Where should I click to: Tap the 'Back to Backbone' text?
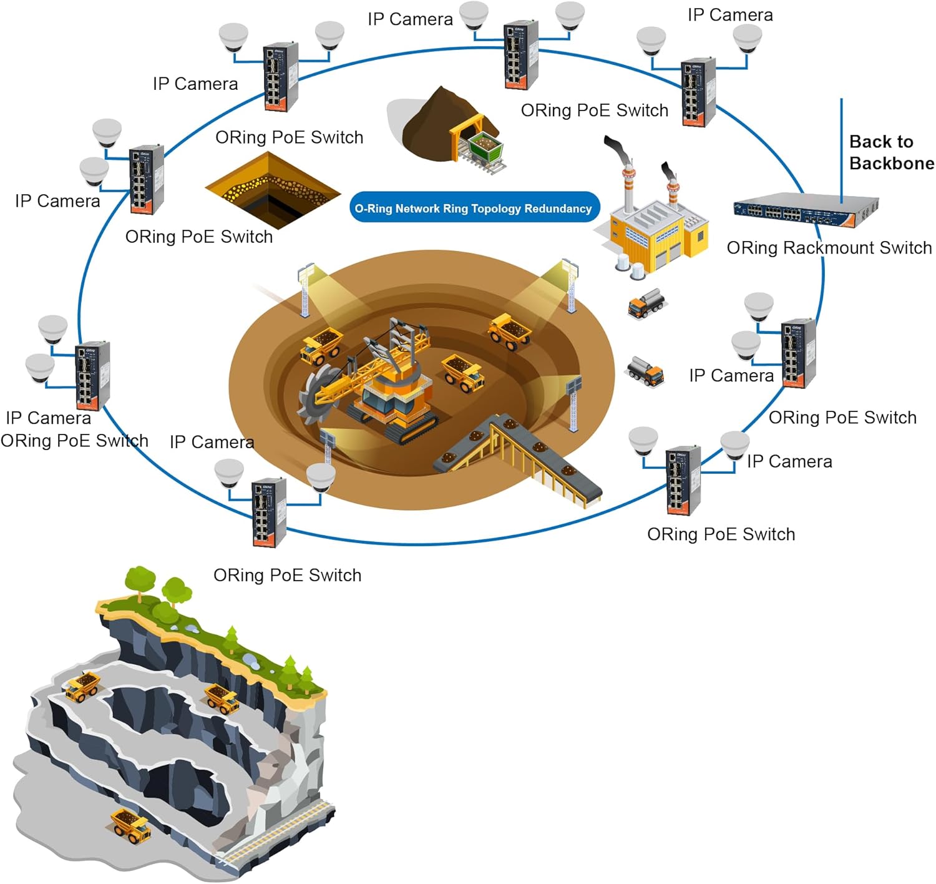[891, 152]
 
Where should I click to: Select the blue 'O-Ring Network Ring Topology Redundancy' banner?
[474, 209]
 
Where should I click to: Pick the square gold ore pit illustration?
[273, 190]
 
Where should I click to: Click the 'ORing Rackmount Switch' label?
[829, 248]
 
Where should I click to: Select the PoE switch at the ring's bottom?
[269, 512]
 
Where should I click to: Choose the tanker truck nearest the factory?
[647, 304]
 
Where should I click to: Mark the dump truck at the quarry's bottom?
[130, 825]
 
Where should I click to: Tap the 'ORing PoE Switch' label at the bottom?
[287, 575]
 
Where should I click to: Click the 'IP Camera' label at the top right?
[730, 15]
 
